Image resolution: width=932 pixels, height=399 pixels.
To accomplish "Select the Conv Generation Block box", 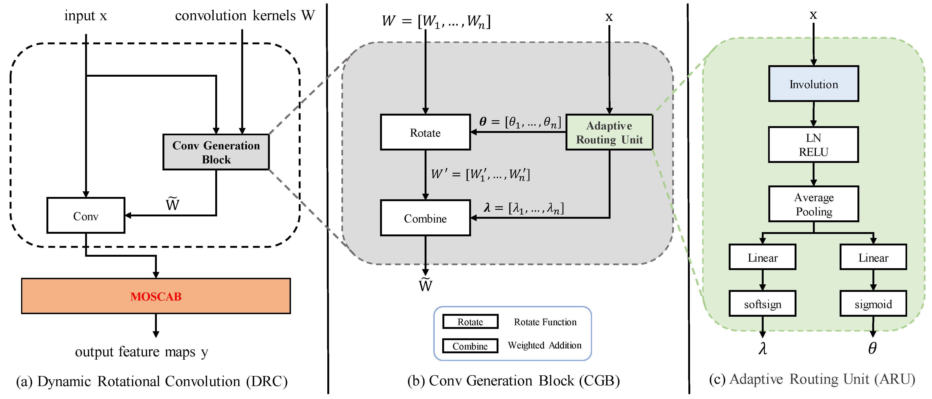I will (216, 152).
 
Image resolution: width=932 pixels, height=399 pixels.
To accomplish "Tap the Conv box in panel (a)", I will (86, 216).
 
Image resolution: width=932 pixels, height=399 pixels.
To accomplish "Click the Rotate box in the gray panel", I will (425, 132).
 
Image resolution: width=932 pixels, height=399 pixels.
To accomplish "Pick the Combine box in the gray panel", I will (425, 218).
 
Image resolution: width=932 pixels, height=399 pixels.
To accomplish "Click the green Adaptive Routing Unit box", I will (609, 132).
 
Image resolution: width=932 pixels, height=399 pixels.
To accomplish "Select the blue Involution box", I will (813, 84).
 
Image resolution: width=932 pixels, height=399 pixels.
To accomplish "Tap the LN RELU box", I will (813, 145).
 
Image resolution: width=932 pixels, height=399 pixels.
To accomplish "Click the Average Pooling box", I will (813, 204).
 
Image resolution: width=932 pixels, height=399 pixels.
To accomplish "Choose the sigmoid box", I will (873, 304).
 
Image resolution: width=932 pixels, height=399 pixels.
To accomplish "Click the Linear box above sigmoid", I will (873, 257).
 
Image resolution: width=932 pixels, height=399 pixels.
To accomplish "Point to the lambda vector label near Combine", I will (524, 208).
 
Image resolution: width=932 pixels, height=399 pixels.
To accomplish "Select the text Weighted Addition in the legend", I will (544, 345).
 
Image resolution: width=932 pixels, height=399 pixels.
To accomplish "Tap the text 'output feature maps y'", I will (141, 352).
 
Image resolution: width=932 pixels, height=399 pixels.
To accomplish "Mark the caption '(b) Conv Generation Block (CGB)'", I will (513, 380).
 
